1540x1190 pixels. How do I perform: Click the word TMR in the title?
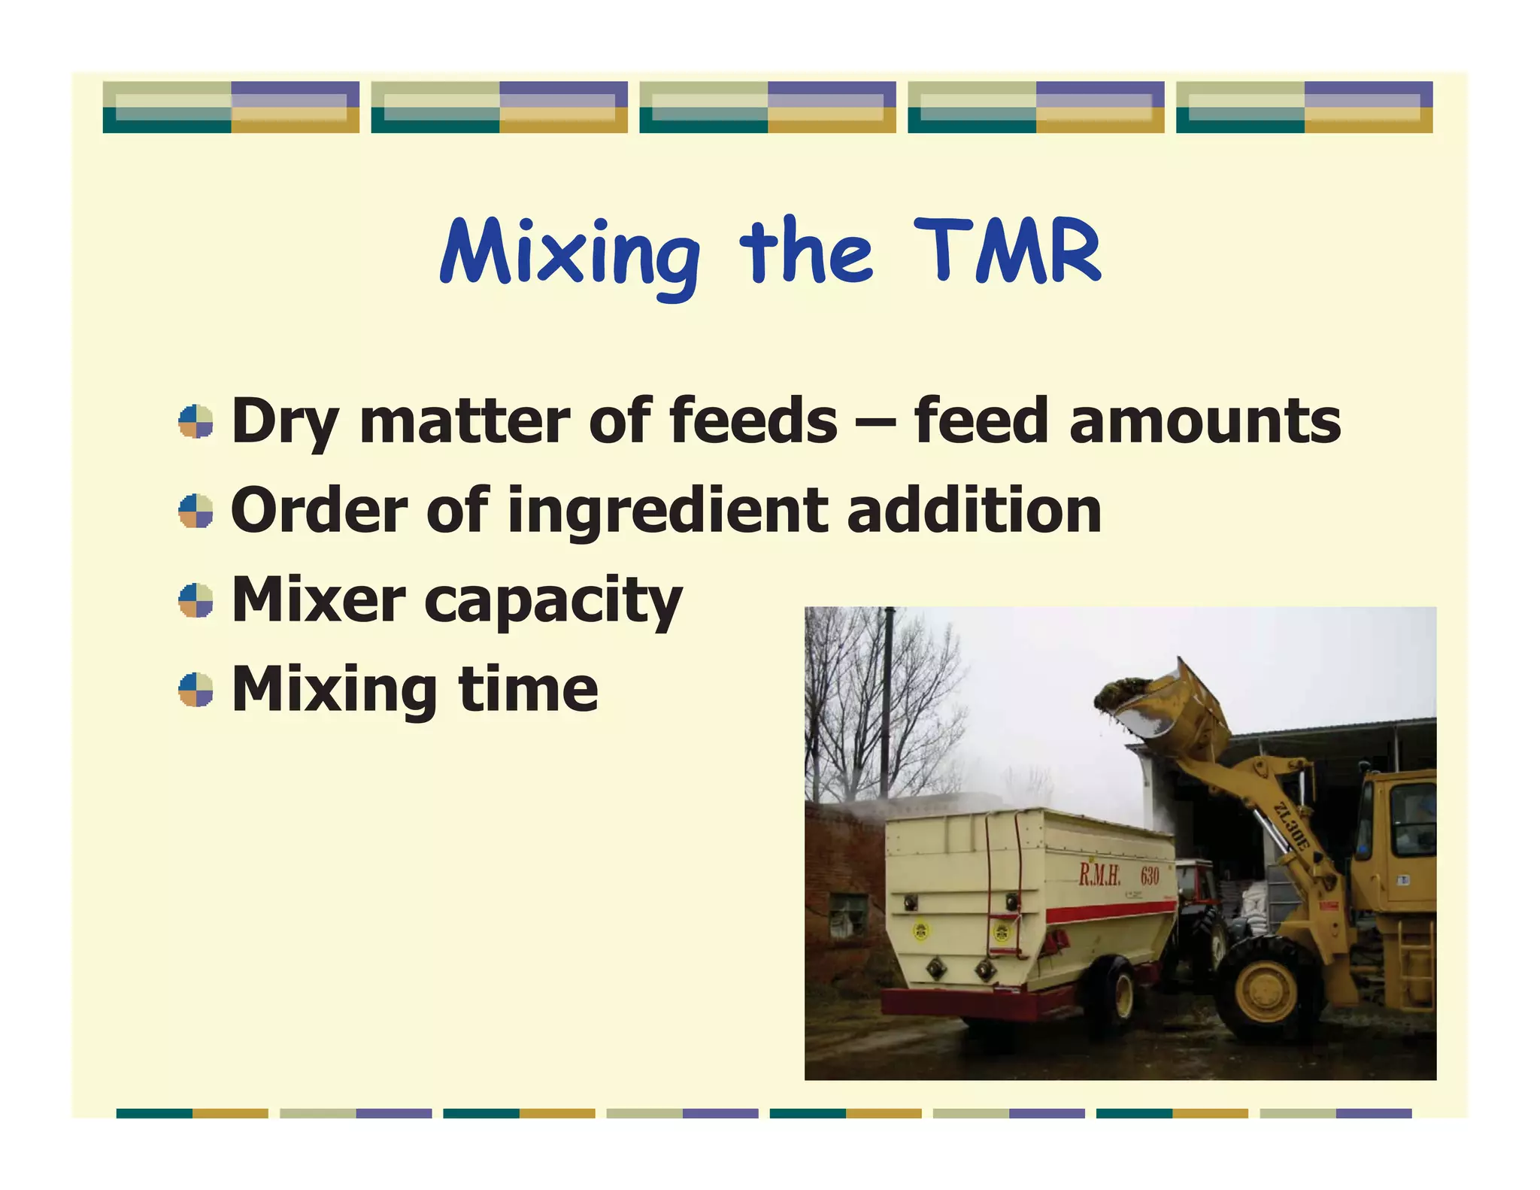coord(1008,252)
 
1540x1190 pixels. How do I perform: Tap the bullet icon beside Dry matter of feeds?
coord(196,421)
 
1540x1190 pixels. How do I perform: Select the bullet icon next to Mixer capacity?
coord(196,600)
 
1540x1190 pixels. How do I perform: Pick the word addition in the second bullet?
coord(974,510)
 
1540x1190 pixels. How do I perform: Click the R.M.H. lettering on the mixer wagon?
coord(1099,875)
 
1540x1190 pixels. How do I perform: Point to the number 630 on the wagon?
coord(1150,876)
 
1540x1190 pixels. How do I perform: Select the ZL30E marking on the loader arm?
coord(1292,826)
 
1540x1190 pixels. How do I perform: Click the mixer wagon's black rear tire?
coord(1110,993)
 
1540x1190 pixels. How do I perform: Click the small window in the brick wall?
coord(847,915)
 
